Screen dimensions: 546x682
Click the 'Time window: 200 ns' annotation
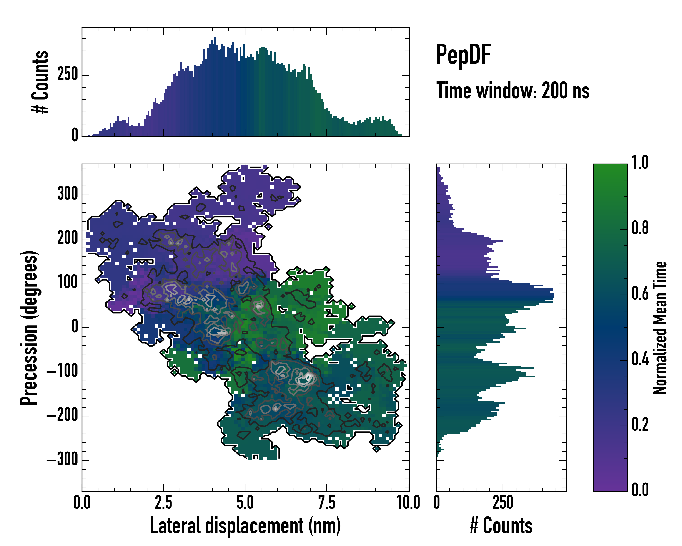(x=513, y=91)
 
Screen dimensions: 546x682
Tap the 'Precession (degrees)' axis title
(x=29, y=328)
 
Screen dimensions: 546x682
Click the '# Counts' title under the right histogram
(x=501, y=526)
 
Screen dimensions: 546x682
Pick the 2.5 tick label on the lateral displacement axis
(x=163, y=502)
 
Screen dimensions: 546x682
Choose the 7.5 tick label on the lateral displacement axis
(x=326, y=502)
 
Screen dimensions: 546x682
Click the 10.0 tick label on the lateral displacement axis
(x=408, y=502)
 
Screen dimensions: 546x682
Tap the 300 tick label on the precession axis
(x=67, y=193)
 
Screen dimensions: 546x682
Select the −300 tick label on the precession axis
(x=62, y=459)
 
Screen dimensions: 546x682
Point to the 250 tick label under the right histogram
(x=503, y=502)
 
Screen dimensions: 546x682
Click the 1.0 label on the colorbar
(x=640, y=162)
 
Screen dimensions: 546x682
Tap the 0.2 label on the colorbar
(x=640, y=425)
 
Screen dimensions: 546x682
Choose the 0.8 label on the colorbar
(x=640, y=228)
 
